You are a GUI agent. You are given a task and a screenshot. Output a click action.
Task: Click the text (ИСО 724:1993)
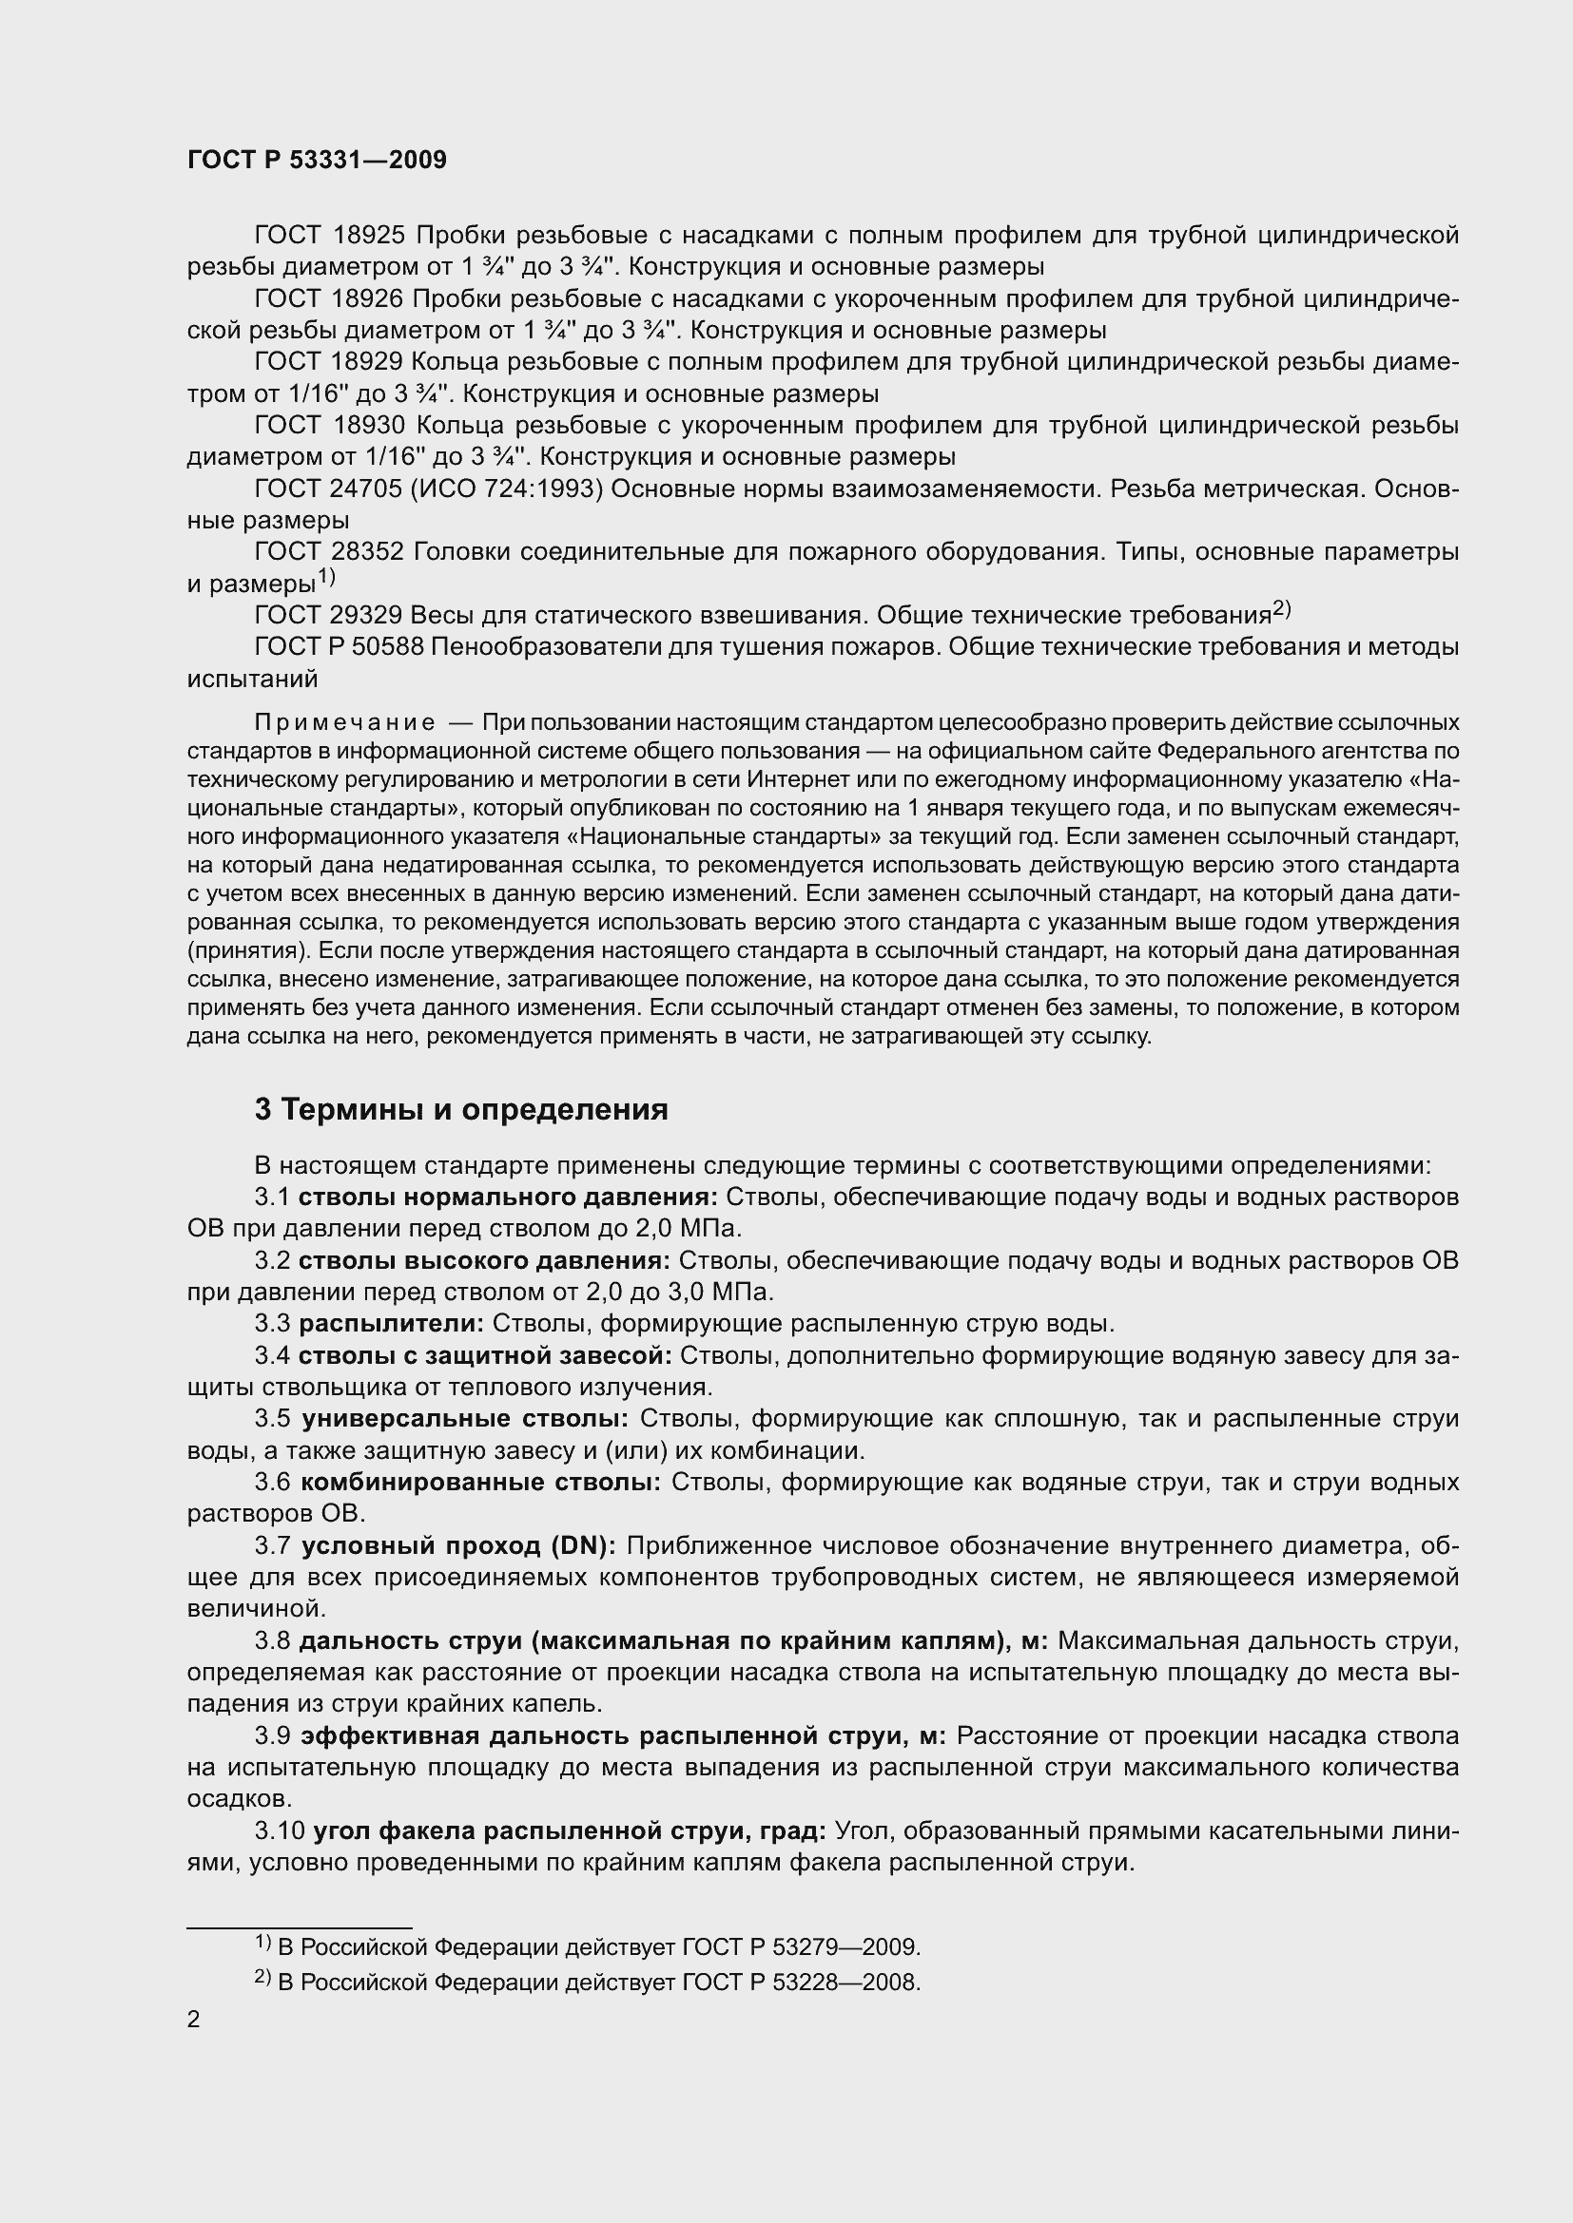pos(508,489)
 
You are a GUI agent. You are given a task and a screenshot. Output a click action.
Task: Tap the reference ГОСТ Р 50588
pos(339,647)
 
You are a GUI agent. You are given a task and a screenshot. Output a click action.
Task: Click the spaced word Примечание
pos(344,723)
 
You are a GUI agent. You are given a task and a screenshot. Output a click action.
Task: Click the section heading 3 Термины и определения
pos(461,1109)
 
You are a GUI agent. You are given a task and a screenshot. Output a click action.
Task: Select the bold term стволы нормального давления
pos(508,1198)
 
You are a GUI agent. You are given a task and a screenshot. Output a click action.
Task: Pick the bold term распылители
pos(391,1324)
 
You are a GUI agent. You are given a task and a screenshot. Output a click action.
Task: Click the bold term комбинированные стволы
pos(480,1483)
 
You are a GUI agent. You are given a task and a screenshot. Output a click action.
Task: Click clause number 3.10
pos(280,1830)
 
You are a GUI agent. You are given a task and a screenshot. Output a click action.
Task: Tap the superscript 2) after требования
pos(1281,610)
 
